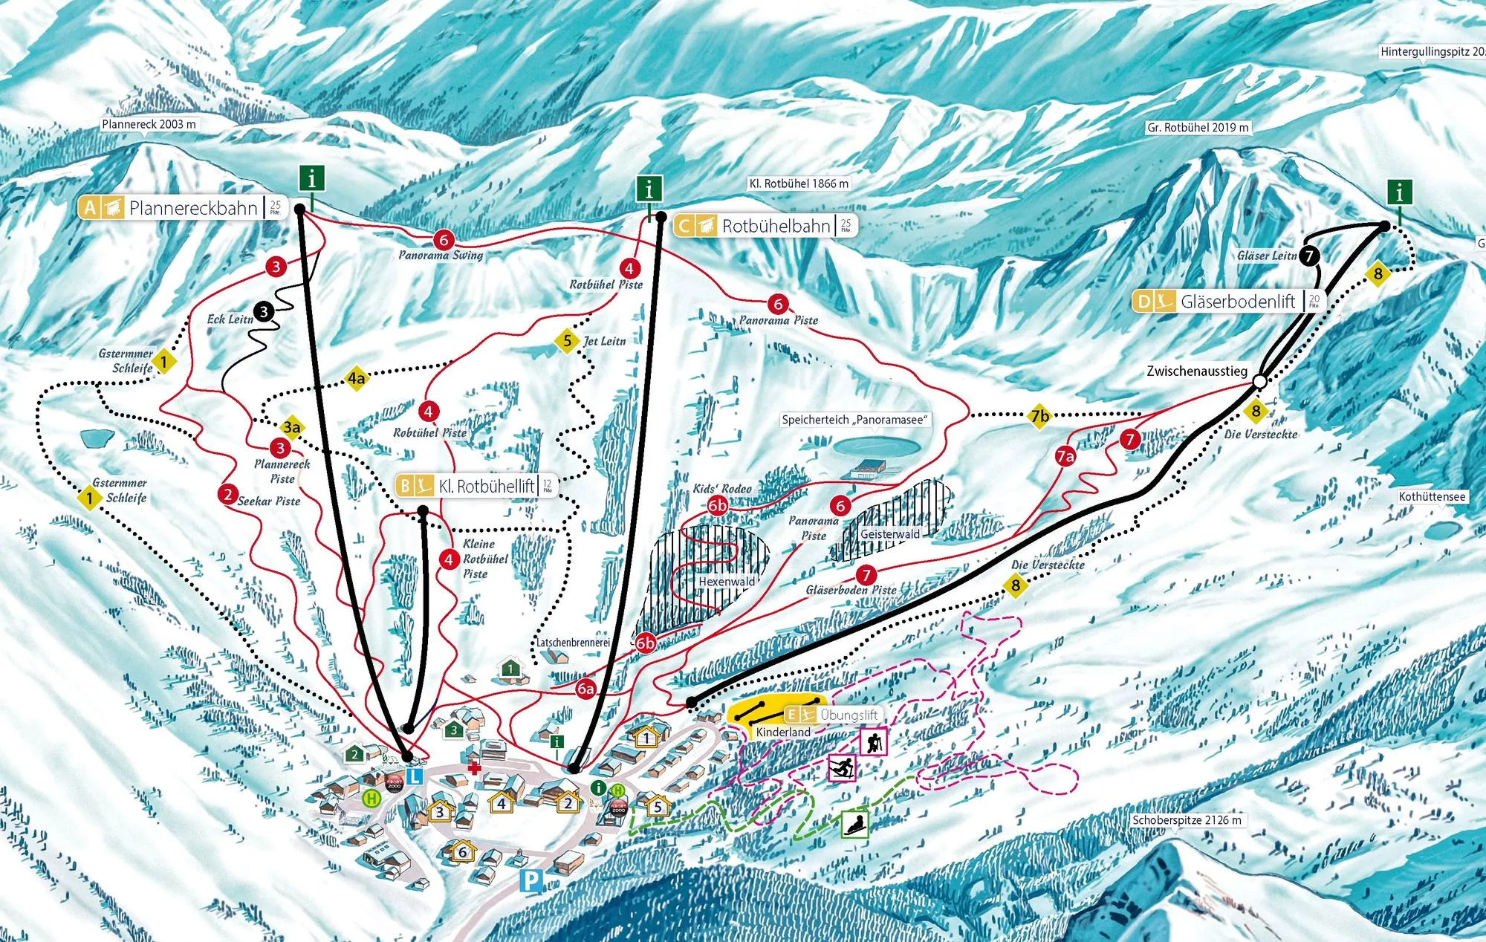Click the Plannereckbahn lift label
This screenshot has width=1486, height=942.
click(192, 208)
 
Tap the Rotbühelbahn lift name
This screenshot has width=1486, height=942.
click(776, 226)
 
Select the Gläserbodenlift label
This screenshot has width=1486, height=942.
click(1237, 302)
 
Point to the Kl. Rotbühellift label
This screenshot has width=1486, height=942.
click(486, 487)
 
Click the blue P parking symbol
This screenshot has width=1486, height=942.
click(531, 882)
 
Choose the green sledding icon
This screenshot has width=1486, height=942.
click(855, 824)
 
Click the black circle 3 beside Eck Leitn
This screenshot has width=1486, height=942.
click(264, 312)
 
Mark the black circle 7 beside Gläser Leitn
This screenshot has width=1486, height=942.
click(1309, 256)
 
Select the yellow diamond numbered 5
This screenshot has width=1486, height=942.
click(567, 341)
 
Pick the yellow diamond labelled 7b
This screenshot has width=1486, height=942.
click(1039, 416)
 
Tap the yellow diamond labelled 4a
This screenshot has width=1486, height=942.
click(357, 379)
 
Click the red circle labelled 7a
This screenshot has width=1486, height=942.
click(1065, 456)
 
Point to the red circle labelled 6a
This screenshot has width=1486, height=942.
click(585, 689)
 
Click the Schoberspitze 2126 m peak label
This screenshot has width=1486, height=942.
click(1187, 820)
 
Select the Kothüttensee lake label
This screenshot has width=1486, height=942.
click(1432, 496)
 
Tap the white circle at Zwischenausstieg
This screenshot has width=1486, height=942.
click(1259, 381)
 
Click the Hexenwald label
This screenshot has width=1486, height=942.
click(726, 582)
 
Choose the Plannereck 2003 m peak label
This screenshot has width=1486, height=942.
click(149, 124)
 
